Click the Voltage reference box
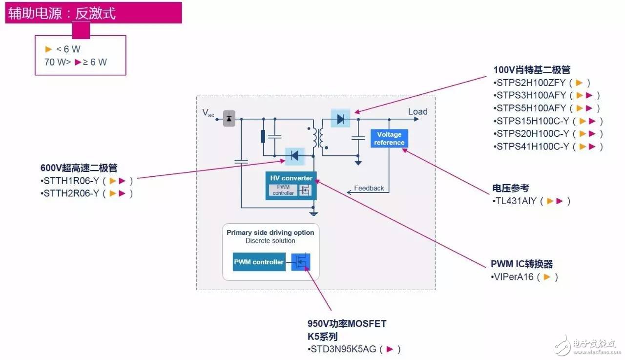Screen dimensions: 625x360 [x=389, y=138]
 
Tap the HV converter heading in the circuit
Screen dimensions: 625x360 [x=291, y=178]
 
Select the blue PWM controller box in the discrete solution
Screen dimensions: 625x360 [x=259, y=262]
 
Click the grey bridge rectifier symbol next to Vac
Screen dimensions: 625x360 [x=229, y=119]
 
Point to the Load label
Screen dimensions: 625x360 [x=417, y=112]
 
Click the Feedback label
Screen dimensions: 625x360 [x=369, y=188]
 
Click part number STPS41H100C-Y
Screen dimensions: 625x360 [x=533, y=146]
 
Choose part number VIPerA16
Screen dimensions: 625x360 [x=513, y=277]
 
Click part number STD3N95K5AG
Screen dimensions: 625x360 [x=343, y=349]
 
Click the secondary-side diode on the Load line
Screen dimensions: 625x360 [x=340, y=119]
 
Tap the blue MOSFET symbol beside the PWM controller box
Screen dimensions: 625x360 [x=300, y=262]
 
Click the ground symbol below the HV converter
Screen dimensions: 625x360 [x=313, y=214]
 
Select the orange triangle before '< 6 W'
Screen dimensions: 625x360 [x=48, y=49]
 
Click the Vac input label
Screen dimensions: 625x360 [x=208, y=113]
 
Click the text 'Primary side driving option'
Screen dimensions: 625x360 [x=270, y=233]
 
